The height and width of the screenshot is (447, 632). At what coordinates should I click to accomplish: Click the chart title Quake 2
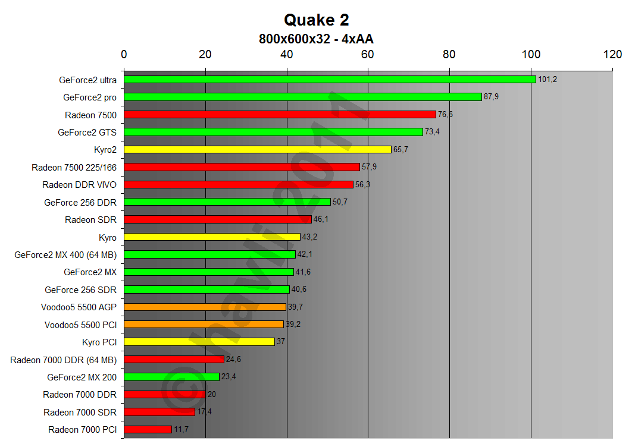tap(316, 20)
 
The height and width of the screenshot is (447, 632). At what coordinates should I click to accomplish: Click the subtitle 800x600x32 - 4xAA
tap(316, 39)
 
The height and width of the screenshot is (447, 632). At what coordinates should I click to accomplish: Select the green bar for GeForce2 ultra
tap(330, 79)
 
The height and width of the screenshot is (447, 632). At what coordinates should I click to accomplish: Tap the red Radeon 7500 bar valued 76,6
tap(280, 114)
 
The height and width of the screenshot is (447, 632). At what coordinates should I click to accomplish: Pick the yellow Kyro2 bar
tap(257, 149)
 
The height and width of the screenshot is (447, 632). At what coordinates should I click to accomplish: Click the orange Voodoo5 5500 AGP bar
tap(205, 307)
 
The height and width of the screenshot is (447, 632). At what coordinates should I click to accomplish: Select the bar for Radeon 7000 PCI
tap(148, 429)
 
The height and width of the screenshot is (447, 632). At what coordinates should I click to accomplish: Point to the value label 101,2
tap(547, 79)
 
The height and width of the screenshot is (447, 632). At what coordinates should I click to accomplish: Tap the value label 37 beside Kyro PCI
tap(281, 342)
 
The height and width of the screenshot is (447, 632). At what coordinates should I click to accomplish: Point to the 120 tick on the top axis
tap(612, 54)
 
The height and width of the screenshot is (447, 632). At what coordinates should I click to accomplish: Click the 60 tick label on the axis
tap(368, 54)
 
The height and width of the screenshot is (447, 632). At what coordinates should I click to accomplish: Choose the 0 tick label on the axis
tap(124, 54)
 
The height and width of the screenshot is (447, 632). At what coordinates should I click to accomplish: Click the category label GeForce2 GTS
tap(87, 132)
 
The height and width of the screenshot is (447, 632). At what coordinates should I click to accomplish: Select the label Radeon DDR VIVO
tap(79, 185)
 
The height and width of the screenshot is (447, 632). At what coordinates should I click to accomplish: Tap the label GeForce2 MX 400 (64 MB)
tap(65, 254)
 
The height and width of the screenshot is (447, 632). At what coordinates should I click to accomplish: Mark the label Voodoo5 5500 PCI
tap(80, 325)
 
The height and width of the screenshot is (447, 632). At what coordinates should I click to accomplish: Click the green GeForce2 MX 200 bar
tap(171, 377)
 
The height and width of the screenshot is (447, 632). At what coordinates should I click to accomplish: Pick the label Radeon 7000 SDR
tap(80, 412)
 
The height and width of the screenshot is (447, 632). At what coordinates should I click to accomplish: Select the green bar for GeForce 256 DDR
tap(227, 202)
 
